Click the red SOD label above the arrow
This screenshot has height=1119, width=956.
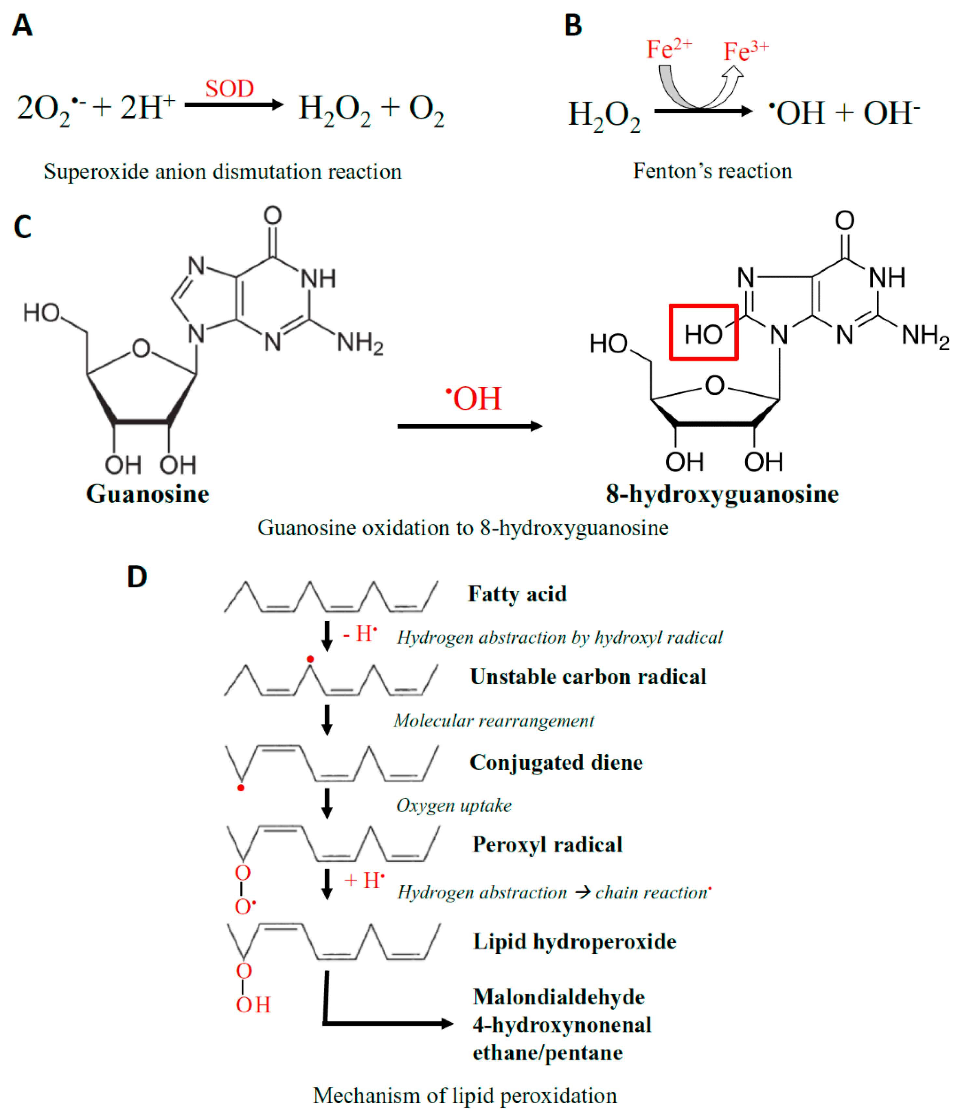tap(229, 88)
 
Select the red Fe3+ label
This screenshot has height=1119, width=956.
tap(745, 51)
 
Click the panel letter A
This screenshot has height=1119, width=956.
tap(22, 25)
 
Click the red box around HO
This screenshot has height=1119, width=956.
tap(703, 332)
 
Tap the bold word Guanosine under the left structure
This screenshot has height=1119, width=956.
tap(147, 493)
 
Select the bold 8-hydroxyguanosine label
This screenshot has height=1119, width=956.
tap(722, 493)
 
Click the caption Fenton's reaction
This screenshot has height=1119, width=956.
tap(712, 171)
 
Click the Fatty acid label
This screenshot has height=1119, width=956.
tap(517, 594)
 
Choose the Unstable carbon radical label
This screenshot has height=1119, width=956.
tap(588, 676)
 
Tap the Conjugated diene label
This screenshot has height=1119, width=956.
tap(556, 762)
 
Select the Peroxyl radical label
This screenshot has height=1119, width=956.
tap(547, 844)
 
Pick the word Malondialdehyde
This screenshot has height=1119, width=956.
tap(558, 996)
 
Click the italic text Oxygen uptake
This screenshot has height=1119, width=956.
tap(454, 805)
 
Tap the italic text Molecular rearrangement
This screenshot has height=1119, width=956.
tap(494, 721)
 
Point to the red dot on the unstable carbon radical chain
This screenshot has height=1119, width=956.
tap(310, 659)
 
